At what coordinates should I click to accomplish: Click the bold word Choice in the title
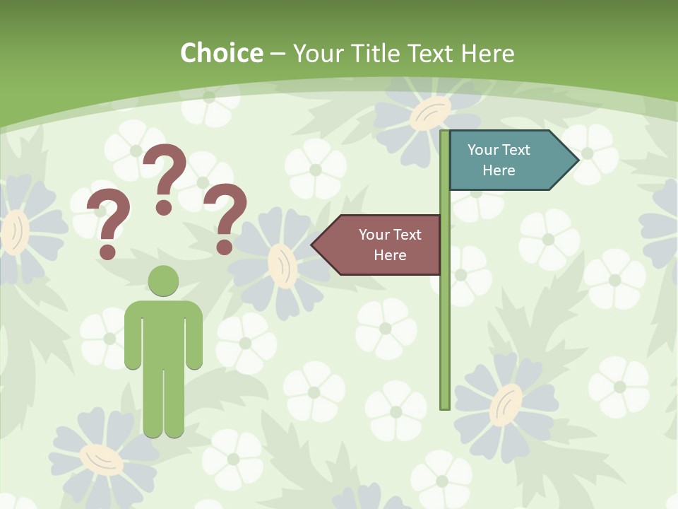(x=221, y=54)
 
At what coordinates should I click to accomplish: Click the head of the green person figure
(x=163, y=281)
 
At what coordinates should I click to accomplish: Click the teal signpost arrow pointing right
(x=505, y=160)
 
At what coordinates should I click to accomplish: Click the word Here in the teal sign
(x=499, y=170)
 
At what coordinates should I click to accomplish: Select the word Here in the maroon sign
(x=390, y=255)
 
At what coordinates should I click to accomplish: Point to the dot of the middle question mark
(x=164, y=207)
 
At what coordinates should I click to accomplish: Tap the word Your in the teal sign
(x=483, y=150)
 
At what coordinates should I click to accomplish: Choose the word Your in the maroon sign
(x=374, y=235)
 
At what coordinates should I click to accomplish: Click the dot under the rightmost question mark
(x=225, y=247)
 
